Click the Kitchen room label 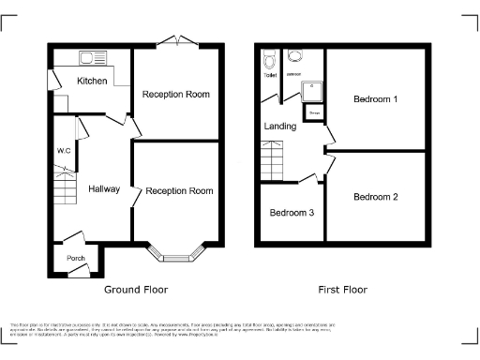92,81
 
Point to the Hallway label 103,189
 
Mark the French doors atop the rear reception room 176,40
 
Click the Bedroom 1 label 375,98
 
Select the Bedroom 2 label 375,197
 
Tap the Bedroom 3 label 292,213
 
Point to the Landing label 279,126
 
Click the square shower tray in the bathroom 310,91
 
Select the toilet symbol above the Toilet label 270,61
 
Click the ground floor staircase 64,187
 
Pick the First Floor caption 342,290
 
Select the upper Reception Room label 175,95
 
